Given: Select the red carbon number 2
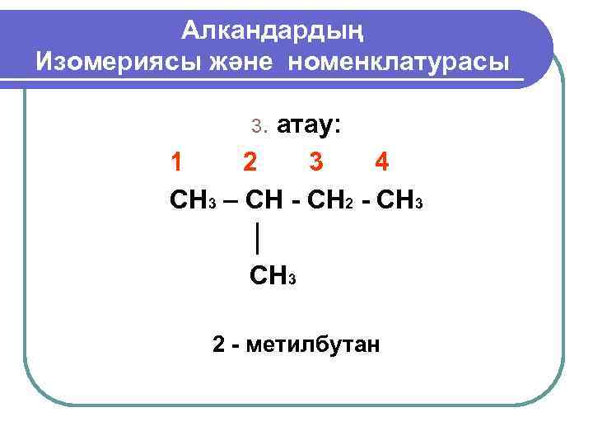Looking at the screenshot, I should point(249,162).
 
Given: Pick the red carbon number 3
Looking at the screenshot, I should point(316,162).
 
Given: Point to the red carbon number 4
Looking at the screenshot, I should point(381,162).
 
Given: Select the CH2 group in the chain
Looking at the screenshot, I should point(327,199).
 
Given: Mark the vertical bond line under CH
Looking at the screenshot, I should point(259,237).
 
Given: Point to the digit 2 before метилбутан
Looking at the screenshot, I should point(218,344).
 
